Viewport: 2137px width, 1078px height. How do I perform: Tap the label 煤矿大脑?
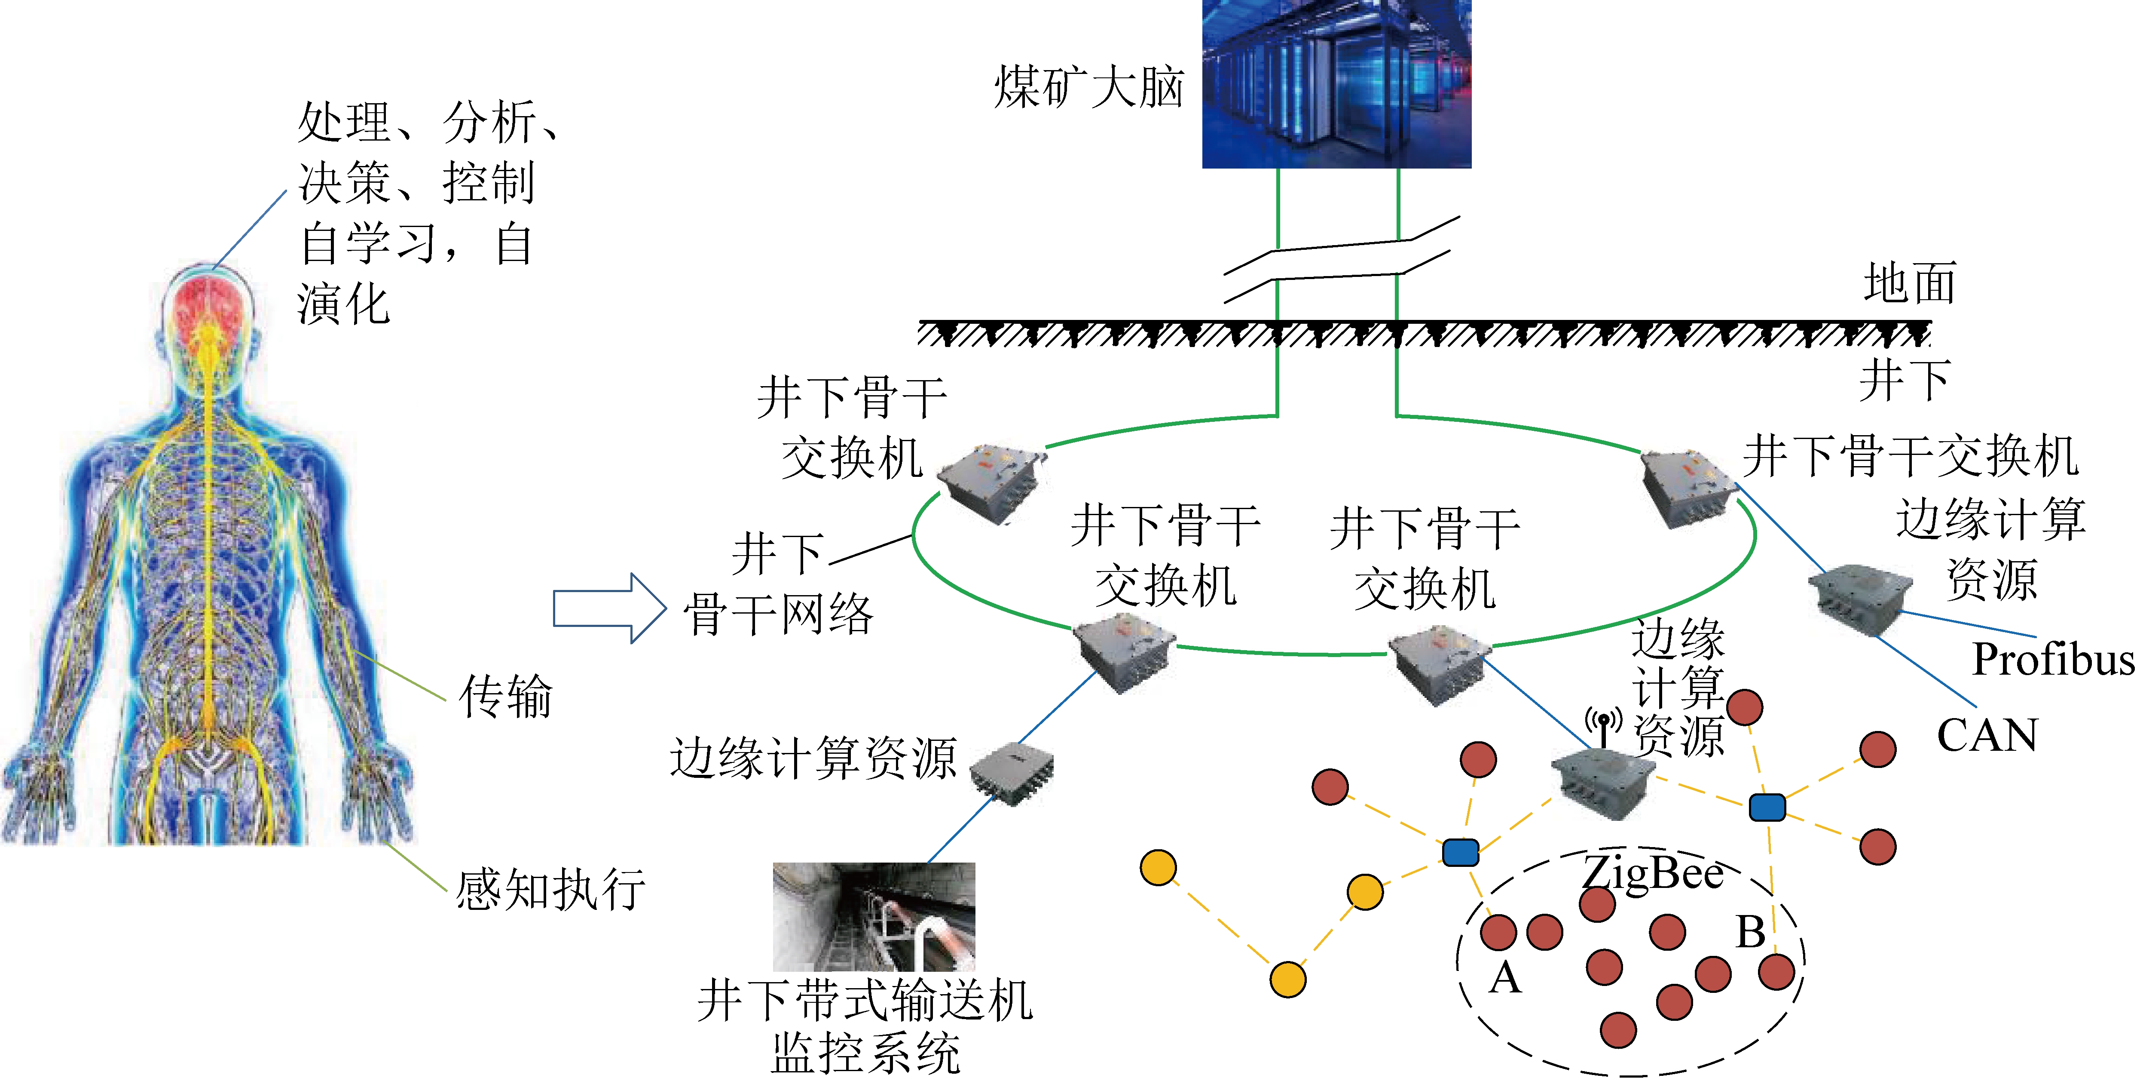click(x=1088, y=87)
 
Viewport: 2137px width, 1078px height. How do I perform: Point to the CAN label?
click(x=1987, y=735)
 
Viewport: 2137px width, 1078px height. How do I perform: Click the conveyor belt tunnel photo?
click(x=874, y=916)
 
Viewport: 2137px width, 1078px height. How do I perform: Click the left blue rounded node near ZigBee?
click(x=1460, y=852)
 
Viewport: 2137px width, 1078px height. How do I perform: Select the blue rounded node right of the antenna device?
click(x=1767, y=807)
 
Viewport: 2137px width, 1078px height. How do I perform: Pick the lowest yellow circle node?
click(x=1287, y=979)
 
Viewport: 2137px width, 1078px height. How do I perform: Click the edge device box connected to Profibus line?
click(x=1858, y=599)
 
